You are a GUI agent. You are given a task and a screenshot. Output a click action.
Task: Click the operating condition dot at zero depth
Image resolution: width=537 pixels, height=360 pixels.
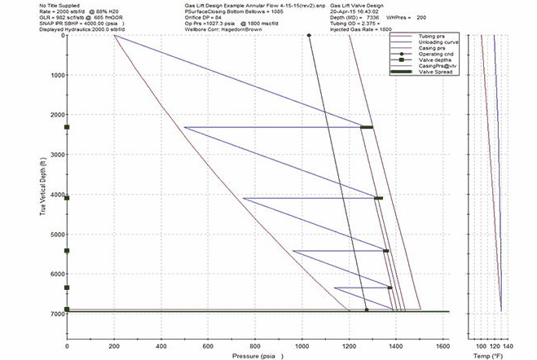[x=309, y=35]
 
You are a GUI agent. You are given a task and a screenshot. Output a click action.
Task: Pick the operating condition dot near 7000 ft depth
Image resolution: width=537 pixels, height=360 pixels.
[x=367, y=310]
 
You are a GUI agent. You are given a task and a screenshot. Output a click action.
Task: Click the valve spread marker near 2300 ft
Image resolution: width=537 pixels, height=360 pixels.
[x=367, y=127]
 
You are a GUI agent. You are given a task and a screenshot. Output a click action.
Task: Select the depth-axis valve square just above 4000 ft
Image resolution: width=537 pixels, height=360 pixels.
[x=67, y=198]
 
